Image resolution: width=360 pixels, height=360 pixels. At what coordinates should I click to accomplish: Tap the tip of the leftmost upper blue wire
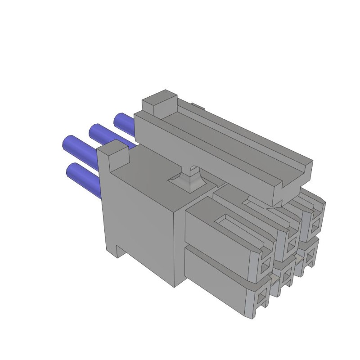click(x=67, y=143)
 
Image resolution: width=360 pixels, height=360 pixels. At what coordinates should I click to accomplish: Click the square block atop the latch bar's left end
click(x=159, y=102)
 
